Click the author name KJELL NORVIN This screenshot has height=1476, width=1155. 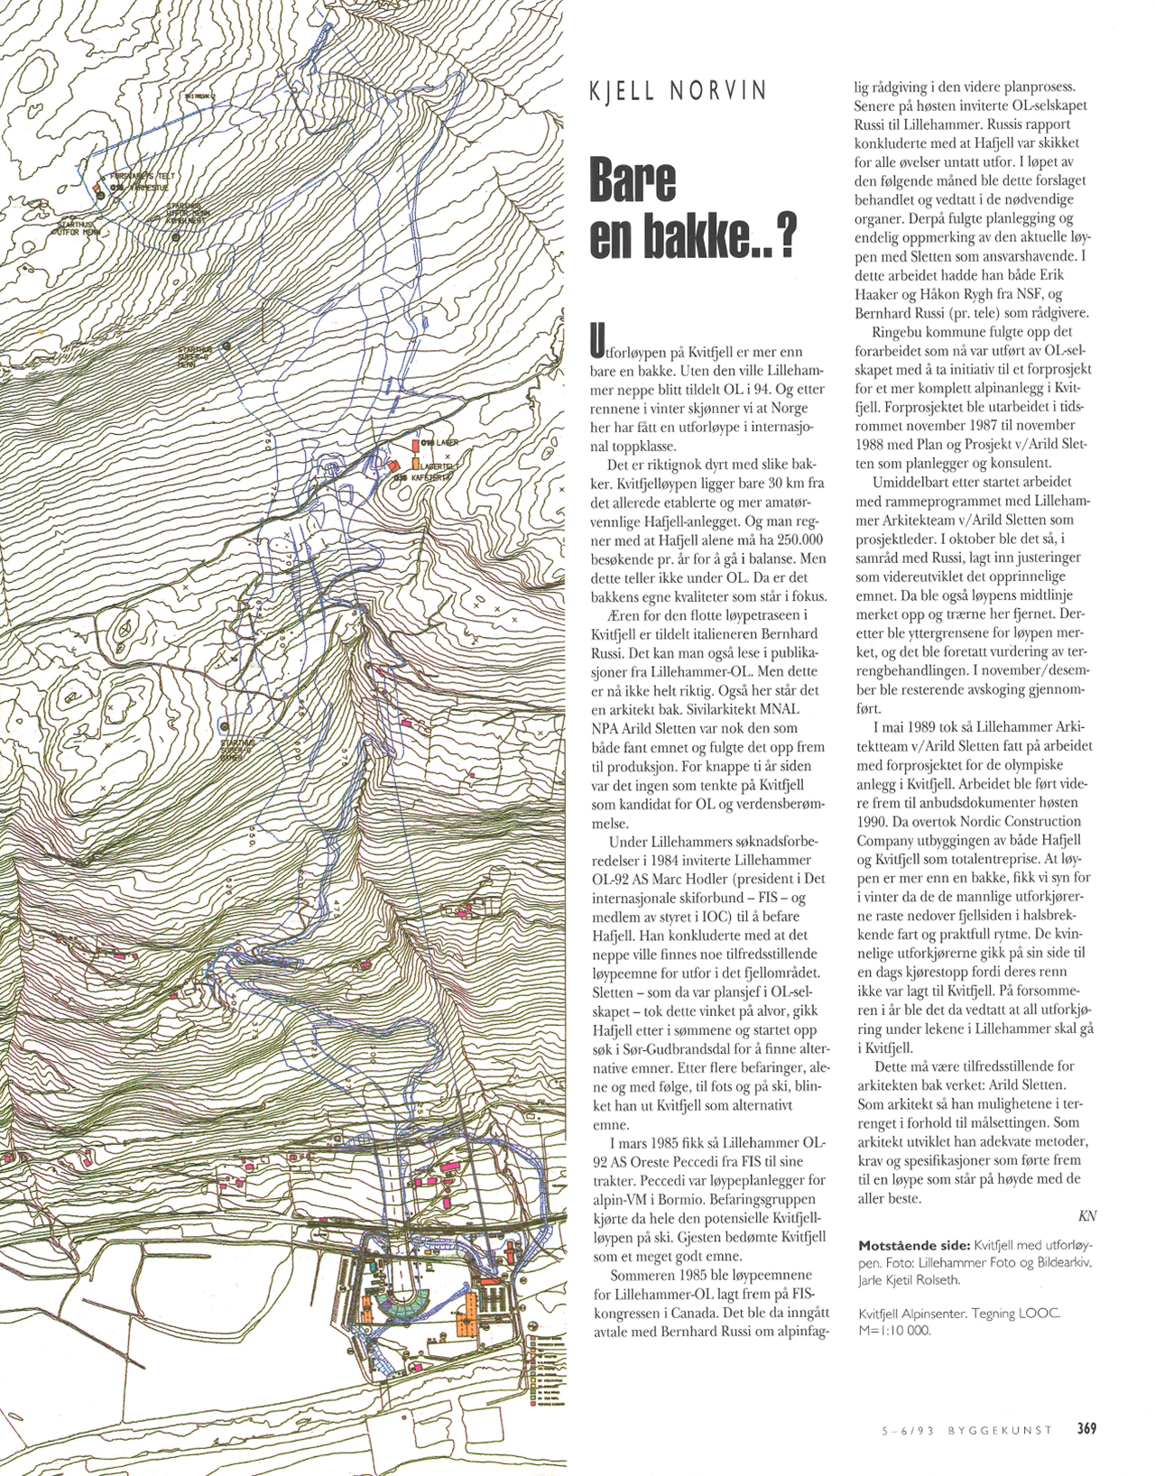pyautogui.click(x=678, y=91)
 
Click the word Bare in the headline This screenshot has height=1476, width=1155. pyautogui.click(x=633, y=181)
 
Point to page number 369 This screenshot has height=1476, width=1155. pyautogui.click(x=1086, y=1428)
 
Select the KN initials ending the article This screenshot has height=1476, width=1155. pyautogui.click(x=1086, y=1216)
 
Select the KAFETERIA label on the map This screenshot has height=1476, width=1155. pyautogui.click(x=431, y=477)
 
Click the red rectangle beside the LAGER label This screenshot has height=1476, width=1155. pyautogui.click(x=415, y=445)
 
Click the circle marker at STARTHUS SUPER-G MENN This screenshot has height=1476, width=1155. pyautogui.click(x=226, y=346)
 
